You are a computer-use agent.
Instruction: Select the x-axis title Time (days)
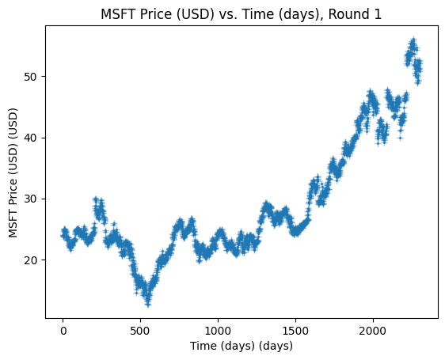[241, 346]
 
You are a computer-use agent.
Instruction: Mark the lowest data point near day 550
[148, 305]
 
